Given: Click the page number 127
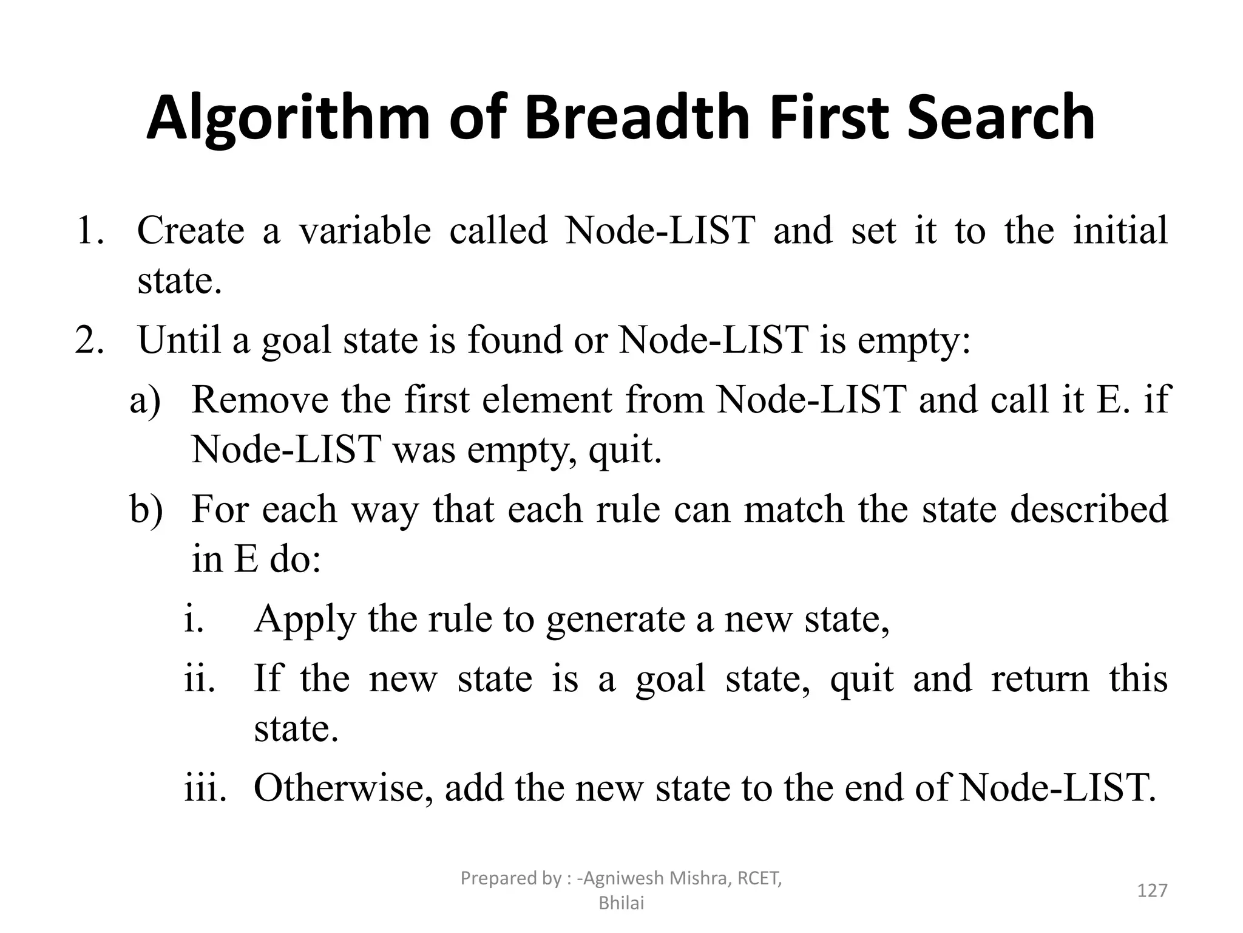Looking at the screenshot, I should click(1151, 890).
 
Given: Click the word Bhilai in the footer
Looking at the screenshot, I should click(621, 903).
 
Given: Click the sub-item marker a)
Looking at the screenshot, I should click(145, 400).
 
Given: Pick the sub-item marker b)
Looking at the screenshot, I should click(146, 509).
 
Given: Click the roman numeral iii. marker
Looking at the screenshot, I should click(205, 788).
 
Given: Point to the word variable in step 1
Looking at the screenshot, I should click(365, 231).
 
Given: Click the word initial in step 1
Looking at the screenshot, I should click(1120, 231).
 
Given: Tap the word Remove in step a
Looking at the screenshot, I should click(260, 400).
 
